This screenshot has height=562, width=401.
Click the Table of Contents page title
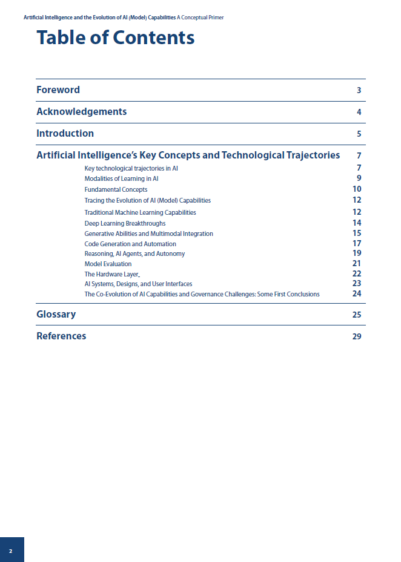pos(115,38)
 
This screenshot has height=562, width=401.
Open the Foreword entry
pos(58,90)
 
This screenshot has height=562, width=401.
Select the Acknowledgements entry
pos(82,112)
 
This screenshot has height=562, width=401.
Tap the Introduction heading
pos(65,134)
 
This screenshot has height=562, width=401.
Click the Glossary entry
pos(56,315)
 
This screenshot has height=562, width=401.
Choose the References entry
pos(61,336)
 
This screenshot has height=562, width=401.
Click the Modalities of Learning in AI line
pos(121,179)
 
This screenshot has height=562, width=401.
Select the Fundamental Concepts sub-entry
pos(116,190)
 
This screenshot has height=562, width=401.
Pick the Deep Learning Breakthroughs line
pos(125,223)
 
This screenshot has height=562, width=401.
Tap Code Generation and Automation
pos(130,244)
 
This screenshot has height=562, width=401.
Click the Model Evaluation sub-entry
pos(108,264)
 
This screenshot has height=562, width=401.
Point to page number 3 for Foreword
pos(359,91)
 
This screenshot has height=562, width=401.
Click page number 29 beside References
pos(357,337)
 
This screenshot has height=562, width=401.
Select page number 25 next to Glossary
pos(357,315)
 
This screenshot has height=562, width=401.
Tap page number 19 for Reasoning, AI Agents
pos(357,253)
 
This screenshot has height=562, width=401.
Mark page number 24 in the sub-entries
pos(357,294)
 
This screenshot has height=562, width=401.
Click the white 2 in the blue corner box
pos(11,551)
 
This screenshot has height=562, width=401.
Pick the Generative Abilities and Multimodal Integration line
pos(148,234)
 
